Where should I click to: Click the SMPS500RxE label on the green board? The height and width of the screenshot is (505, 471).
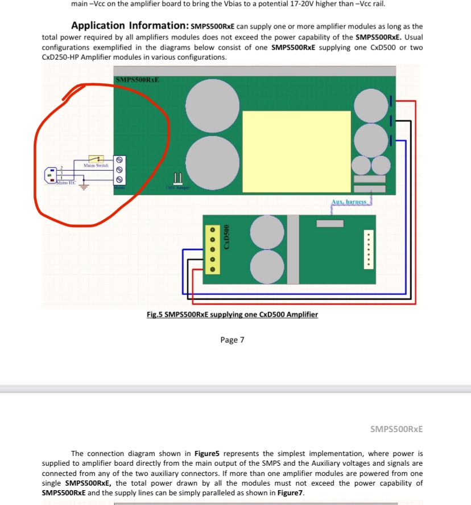click(137, 80)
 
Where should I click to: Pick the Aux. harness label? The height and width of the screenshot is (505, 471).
click(351, 202)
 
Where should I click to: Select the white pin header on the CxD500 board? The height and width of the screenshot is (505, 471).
click(369, 249)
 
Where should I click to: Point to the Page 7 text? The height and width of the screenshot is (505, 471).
click(232, 340)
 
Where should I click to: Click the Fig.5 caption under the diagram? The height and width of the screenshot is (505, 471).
click(232, 314)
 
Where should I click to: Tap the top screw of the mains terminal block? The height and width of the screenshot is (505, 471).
click(119, 160)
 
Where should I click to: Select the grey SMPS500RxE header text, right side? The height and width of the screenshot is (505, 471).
click(396, 429)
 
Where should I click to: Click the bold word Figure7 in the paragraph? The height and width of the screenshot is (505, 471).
click(288, 492)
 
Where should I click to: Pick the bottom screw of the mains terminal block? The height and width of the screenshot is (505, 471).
click(119, 179)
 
